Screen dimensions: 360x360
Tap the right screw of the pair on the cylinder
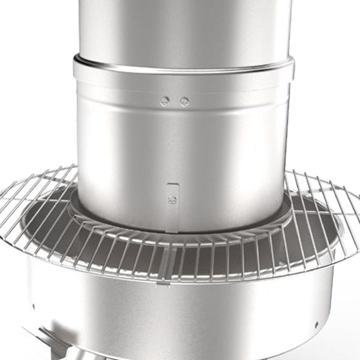click(184, 101)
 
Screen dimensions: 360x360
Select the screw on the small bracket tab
click(173, 201)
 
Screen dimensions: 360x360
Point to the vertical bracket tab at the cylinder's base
click(173, 207)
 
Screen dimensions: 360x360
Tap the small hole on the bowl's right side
click(316, 325)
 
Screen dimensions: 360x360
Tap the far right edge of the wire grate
click(358, 204)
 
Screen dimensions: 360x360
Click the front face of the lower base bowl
click(180, 318)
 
